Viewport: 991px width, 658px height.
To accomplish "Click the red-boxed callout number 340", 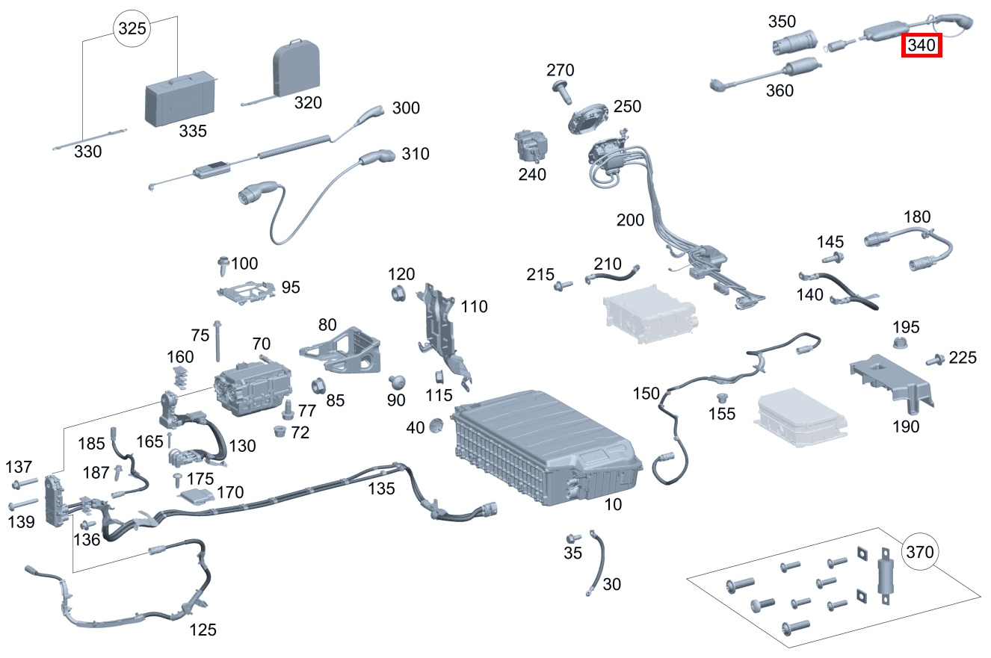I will pyautogui.click(x=921, y=46).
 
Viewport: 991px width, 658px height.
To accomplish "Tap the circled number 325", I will pyautogui.click(x=131, y=29).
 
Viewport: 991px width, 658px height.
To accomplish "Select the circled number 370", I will pyautogui.click(x=919, y=553).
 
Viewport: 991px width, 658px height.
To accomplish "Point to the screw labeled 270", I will pyautogui.click(x=560, y=89).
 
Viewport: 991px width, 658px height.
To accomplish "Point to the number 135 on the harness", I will pyautogui.click(x=381, y=488).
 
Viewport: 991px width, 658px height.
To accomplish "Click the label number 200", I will pyautogui.click(x=629, y=220).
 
